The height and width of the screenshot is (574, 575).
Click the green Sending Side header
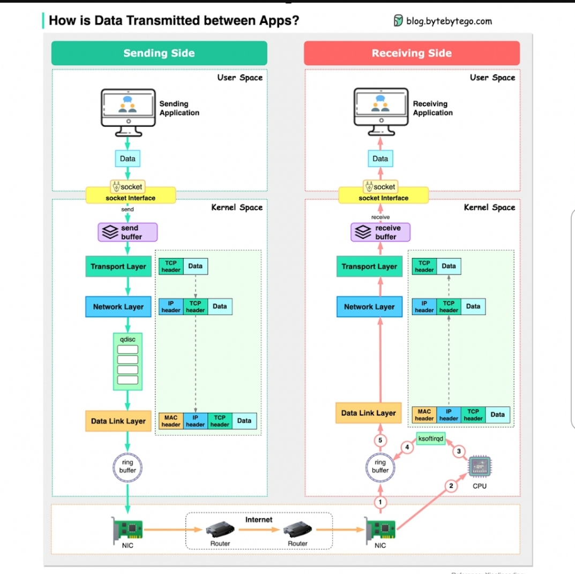159,53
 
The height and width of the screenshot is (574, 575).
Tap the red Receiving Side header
412,53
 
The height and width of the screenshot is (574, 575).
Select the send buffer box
128,232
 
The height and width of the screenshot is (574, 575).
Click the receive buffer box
380,232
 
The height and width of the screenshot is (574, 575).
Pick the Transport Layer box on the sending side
118,266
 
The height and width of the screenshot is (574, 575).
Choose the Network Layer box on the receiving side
369,307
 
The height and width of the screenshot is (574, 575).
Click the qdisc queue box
128,361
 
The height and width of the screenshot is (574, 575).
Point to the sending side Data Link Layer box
118,421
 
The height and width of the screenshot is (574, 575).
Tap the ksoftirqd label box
431,439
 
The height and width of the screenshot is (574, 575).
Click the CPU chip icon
479,467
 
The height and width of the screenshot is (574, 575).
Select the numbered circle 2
451,486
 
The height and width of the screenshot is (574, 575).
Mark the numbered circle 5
380,440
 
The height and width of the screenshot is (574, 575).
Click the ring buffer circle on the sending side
128,466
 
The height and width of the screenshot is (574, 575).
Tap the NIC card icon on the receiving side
380,529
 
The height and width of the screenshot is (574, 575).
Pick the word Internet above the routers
259,519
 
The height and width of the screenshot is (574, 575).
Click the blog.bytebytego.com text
449,21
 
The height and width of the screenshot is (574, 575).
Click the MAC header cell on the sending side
171,421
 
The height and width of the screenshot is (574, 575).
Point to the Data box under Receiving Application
380,158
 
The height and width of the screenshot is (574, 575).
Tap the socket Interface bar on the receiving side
384,198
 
